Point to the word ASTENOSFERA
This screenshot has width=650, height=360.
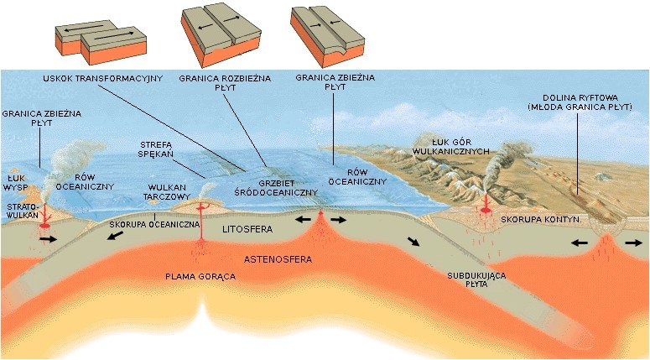pyautogui.click(x=278, y=259)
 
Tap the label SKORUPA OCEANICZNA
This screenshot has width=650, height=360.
pyautogui.click(x=154, y=226)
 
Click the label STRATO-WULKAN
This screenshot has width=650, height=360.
pyautogui.click(x=20, y=210)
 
